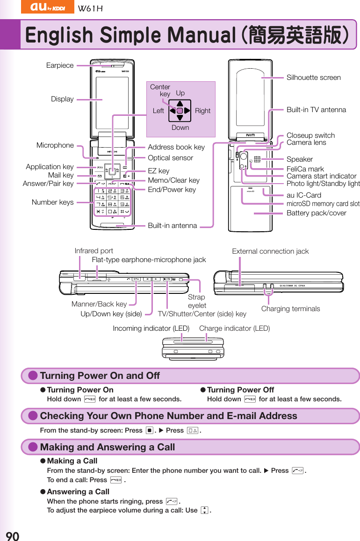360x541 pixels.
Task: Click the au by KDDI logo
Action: (47, 7)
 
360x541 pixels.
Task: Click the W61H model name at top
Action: (90, 8)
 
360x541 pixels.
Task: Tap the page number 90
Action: (12, 535)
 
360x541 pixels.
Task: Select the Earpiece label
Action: (60, 65)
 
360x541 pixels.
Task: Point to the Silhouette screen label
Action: (313, 78)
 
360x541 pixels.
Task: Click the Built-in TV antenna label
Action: (316, 110)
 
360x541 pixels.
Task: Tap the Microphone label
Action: (55, 145)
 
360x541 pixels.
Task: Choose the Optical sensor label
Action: (170, 158)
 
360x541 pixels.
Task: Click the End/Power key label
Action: (172, 190)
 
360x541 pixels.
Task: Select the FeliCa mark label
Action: (305, 169)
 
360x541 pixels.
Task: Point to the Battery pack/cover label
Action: (316, 213)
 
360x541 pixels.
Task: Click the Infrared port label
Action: (94, 251)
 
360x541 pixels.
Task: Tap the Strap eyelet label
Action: (197, 301)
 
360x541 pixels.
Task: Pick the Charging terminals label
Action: (290, 309)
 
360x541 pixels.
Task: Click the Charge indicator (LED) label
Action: (234, 328)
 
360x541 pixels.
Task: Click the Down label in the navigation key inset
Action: (180, 128)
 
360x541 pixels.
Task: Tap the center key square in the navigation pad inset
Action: (180, 111)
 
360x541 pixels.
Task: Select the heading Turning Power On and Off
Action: (100, 376)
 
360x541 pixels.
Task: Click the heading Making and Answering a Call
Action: (107, 447)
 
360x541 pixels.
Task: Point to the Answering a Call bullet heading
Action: (78, 491)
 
